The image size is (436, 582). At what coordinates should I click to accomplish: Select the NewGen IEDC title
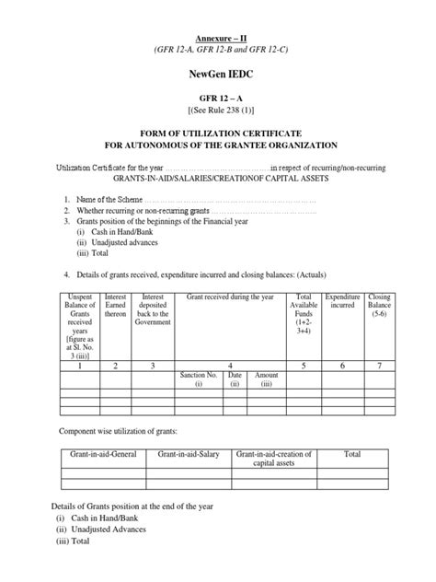pyautogui.click(x=217, y=71)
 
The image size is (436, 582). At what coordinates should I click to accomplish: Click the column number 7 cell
pyautogui.click(x=379, y=367)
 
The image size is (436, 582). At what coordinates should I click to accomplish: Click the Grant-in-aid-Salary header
pyautogui.click(x=187, y=455)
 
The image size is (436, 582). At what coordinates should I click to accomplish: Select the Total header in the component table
pyautogui.click(x=352, y=455)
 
